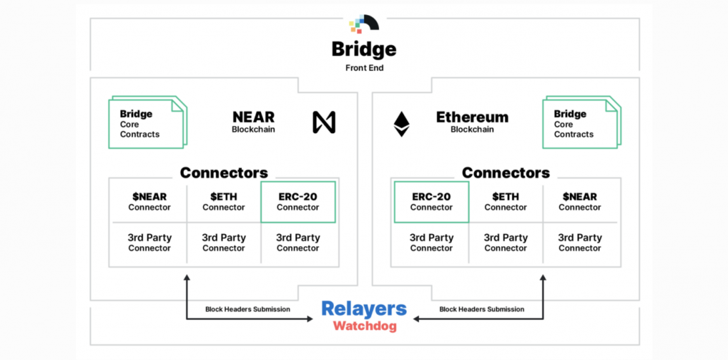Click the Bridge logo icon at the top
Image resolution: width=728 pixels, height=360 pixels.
coord(364,24)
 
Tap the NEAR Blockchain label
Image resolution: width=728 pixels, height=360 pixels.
coord(253,122)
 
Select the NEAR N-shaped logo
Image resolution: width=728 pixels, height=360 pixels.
coord(323,123)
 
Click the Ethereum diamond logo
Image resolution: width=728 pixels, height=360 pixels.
coord(401,123)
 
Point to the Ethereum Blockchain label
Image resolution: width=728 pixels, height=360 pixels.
coord(472,122)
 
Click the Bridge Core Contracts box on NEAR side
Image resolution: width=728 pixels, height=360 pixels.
coord(146,123)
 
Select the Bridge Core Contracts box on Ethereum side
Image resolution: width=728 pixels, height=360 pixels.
coord(579,123)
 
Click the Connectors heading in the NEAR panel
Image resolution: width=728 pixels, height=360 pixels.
coord(224,173)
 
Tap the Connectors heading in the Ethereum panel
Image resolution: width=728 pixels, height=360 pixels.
coord(506,173)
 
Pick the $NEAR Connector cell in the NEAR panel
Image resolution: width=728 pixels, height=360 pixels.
coord(150,202)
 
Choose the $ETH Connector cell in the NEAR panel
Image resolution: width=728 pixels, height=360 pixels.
coord(224,202)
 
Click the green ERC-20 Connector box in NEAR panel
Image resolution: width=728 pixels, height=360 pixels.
coord(298,202)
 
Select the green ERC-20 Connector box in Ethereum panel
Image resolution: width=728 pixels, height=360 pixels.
coord(432,202)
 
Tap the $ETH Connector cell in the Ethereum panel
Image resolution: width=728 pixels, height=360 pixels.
coord(506,202)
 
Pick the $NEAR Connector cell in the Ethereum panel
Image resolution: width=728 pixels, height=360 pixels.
coord(580,202)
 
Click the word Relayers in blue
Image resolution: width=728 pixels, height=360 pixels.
coord(364,309)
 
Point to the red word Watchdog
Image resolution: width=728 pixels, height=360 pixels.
coord(364,326)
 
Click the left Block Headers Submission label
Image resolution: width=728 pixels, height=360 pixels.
coord(247,309)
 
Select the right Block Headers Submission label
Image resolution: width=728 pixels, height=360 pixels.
coord(481,309)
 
